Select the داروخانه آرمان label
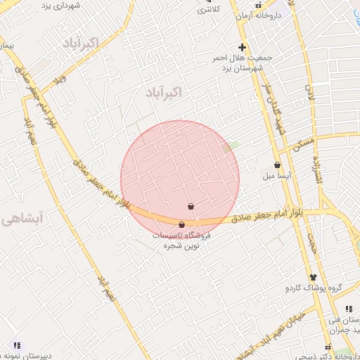pos(259,15)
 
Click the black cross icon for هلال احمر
pos(243,46)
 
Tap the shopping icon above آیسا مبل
pos(277,165)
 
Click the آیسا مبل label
pos(277,176)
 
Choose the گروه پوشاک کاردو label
pos(313,288)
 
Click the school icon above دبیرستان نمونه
pos(16,345)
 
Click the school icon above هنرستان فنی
pos(349,309)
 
